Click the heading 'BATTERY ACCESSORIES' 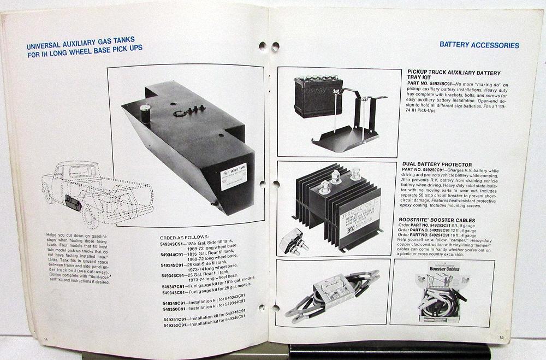pos(479,45)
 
